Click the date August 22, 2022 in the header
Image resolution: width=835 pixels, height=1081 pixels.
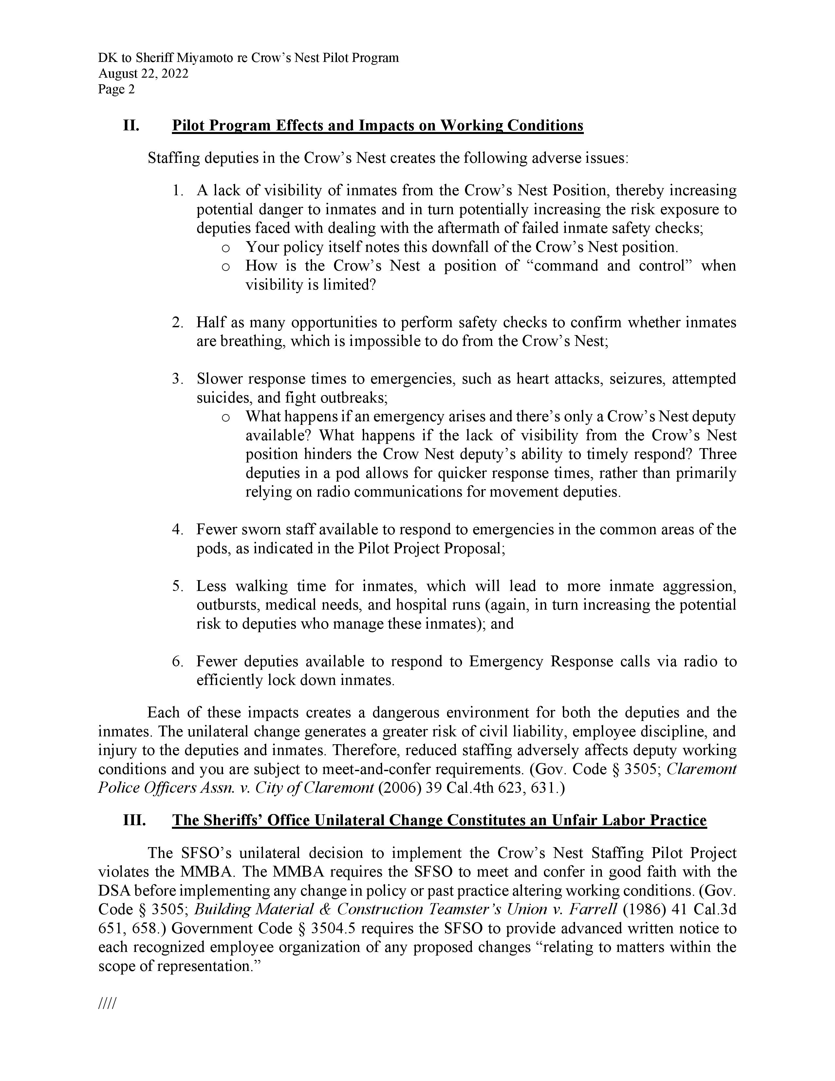click(x=143, y=74)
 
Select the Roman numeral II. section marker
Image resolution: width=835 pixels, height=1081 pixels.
click(x=131, y=126)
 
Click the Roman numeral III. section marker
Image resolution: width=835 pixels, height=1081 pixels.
click(x=134, y=821)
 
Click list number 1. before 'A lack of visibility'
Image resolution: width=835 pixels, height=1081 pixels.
click(x=178, y=191)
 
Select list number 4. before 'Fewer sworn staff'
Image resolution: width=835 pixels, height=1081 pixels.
click(x=178, y=530)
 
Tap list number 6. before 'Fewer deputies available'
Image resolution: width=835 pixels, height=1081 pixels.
click(x=178, y=662)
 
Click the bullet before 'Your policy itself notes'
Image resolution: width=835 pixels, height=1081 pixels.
click(x=226, y=247)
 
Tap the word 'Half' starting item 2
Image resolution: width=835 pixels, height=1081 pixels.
click(x=210, y=323)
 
